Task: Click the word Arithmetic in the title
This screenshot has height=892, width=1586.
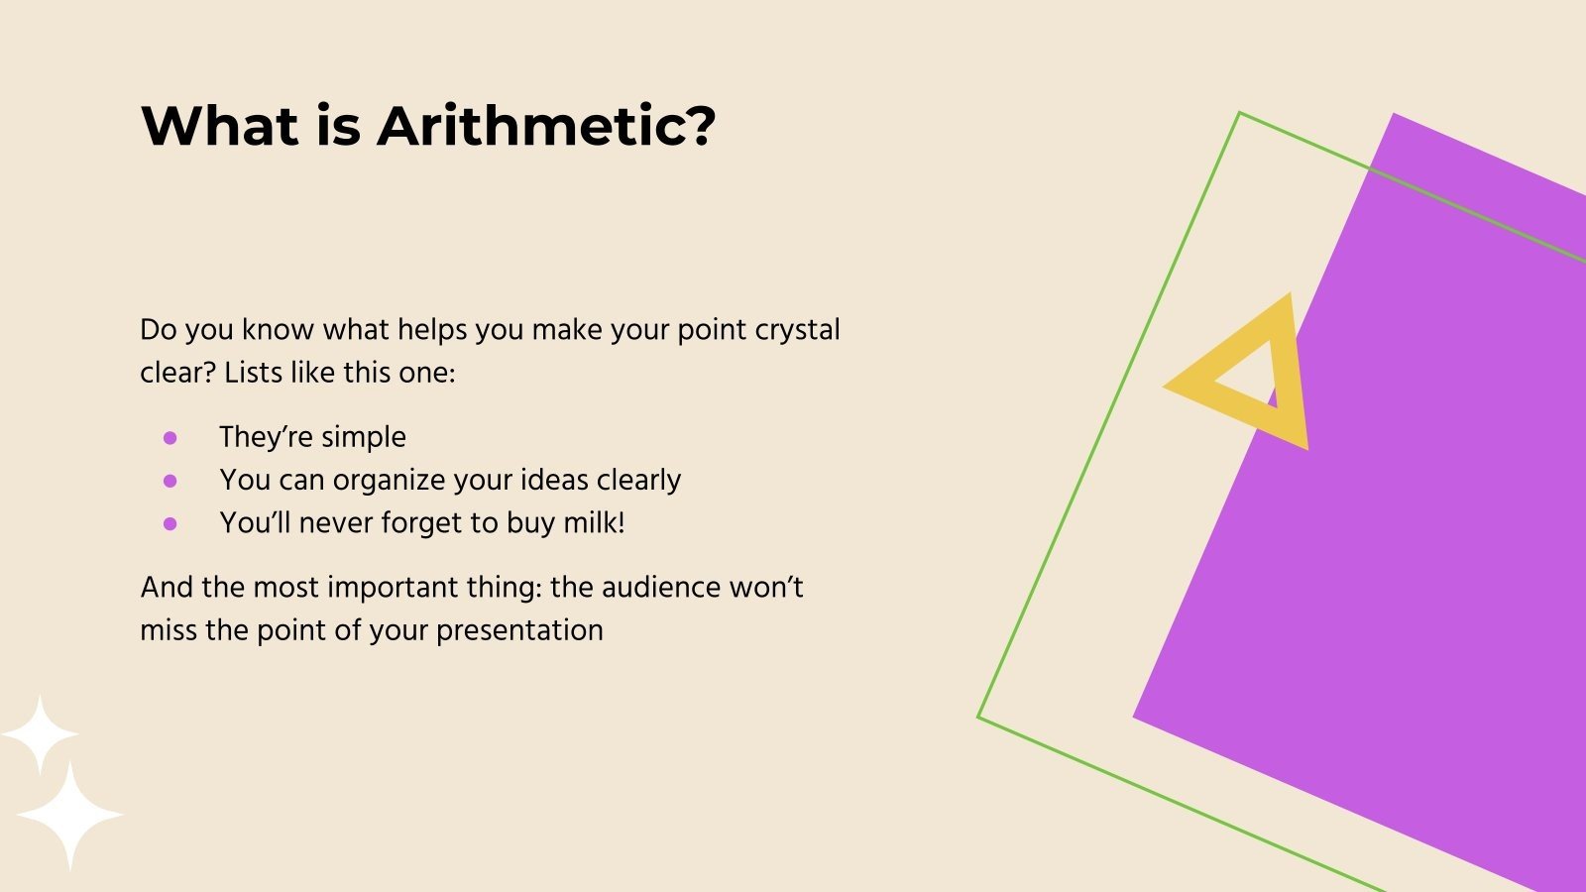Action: [545, 127]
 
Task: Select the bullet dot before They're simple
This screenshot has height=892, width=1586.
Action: [170, 437]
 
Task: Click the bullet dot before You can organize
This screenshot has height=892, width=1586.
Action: [170, 481]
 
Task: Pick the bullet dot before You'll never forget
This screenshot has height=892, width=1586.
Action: [170, 523]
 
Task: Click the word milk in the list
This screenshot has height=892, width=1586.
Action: [592, 522]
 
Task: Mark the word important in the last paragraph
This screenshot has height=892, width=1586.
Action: [391, 587]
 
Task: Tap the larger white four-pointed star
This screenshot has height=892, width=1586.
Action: [69, 816]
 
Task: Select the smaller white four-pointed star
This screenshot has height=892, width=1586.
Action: [40, 734]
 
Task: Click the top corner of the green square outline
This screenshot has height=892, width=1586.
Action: [1240, 114]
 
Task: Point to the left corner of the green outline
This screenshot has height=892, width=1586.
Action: [979, 717]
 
